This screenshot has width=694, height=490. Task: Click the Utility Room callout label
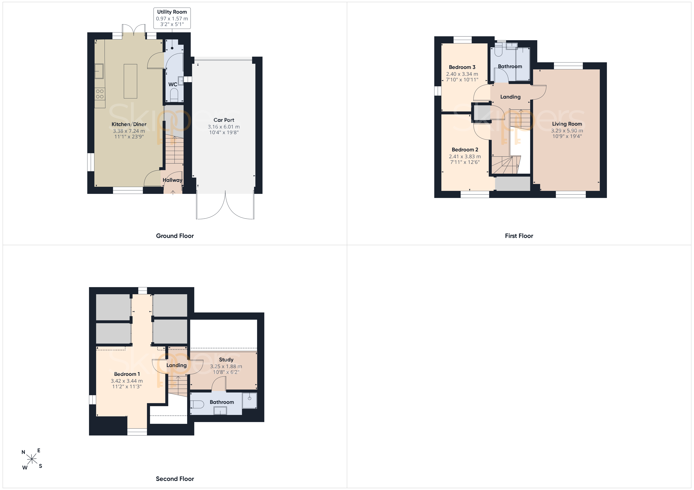172,18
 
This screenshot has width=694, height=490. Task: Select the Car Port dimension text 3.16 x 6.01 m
224,127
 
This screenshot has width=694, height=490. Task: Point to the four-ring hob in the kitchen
100,94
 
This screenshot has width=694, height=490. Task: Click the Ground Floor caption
175,236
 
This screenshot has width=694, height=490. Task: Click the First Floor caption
519,236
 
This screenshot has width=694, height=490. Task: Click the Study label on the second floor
226,360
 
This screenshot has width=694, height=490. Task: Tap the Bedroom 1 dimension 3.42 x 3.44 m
127,381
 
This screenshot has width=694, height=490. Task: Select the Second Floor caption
175,479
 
